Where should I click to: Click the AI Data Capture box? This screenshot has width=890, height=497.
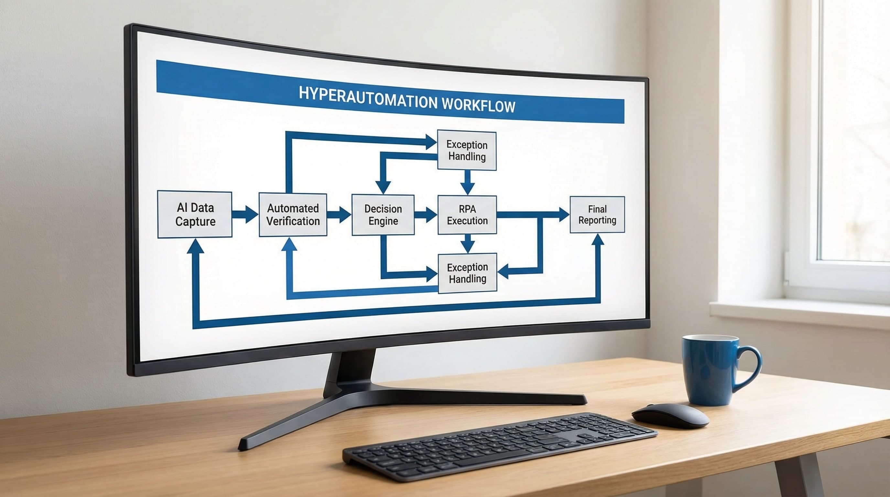tap(194, 214)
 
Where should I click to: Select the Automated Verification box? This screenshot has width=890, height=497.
tap(293, 215)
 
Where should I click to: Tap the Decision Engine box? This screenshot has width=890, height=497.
tap(383, 215)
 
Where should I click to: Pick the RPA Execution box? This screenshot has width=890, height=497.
tap(467, 215)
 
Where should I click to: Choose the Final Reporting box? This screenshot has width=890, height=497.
tap(597, 214)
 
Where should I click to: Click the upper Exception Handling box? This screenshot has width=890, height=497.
tap(467, 150)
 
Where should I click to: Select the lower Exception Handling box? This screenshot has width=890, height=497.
tap(467, 273)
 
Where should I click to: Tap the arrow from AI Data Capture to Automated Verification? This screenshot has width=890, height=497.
tap(245, 214)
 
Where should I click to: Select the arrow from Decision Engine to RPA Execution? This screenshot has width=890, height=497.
tap(426, 215)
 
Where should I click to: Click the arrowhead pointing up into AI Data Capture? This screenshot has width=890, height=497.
tap(195, 246)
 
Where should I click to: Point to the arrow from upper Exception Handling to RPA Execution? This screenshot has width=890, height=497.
tap(467, 182)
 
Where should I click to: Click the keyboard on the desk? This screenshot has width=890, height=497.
tap(500, 446)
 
